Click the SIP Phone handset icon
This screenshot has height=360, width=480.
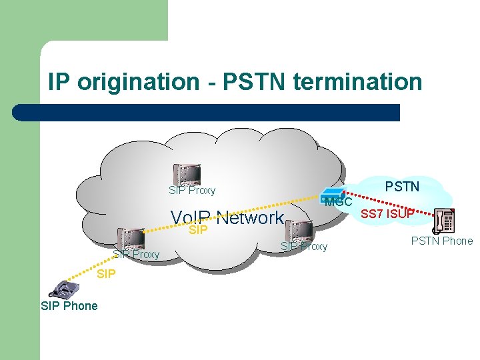[x=64, y=288]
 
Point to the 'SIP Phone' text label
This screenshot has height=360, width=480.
[x=69, y=306]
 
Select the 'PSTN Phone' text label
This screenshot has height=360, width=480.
[x=441, y=241]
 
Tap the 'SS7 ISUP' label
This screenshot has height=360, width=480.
[x=387, y=214]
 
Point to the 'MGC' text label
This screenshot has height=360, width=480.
[x=339, y=201]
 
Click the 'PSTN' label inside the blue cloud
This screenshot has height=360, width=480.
[x=402, y=187]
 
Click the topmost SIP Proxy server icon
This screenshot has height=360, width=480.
[x=185, y=174]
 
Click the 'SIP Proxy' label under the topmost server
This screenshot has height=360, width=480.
[x=192, y=191]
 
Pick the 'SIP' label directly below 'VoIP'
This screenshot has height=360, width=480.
[x=198, y=231]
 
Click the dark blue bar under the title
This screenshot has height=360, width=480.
[x=207, y=112]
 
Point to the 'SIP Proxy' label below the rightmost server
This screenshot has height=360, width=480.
[x=304, y=247]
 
